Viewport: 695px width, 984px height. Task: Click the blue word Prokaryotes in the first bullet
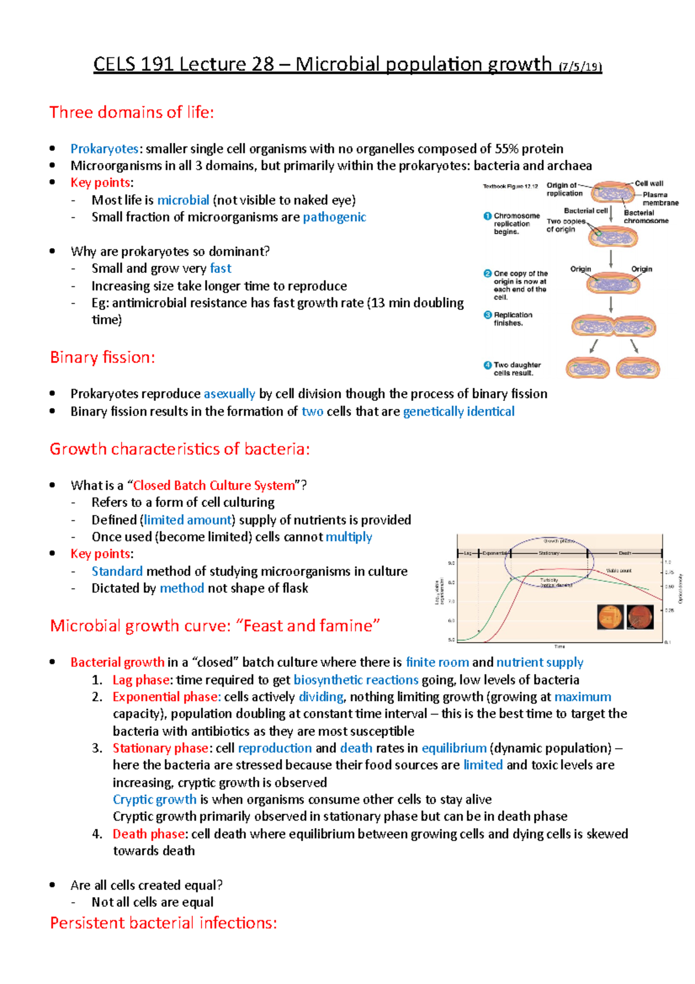point(104,149)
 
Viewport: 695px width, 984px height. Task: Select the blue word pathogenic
point(334,217)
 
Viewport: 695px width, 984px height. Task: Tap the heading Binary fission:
point(103,357)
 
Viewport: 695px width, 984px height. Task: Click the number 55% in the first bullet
point(507,149)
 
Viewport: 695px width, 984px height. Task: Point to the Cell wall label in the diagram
point(649,183)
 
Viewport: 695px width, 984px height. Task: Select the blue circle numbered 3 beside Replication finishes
point(488,315)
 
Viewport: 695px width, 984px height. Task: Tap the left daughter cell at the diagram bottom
point(587,368)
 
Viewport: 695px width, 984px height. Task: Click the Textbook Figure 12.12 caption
point(510,186)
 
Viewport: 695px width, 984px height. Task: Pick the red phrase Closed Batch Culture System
point(214,485)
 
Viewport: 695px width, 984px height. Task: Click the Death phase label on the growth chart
point(624,553)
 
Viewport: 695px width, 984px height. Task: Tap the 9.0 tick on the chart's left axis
point(451,563)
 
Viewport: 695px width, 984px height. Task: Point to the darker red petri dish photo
point(640,617)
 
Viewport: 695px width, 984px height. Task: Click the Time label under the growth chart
point(559,646)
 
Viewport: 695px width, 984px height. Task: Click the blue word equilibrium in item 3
point(454,748)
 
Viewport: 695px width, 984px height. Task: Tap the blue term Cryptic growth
point(155,799)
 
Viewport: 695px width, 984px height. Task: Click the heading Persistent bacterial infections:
point(163,923)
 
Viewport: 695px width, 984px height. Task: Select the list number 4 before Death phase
point(97,834)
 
